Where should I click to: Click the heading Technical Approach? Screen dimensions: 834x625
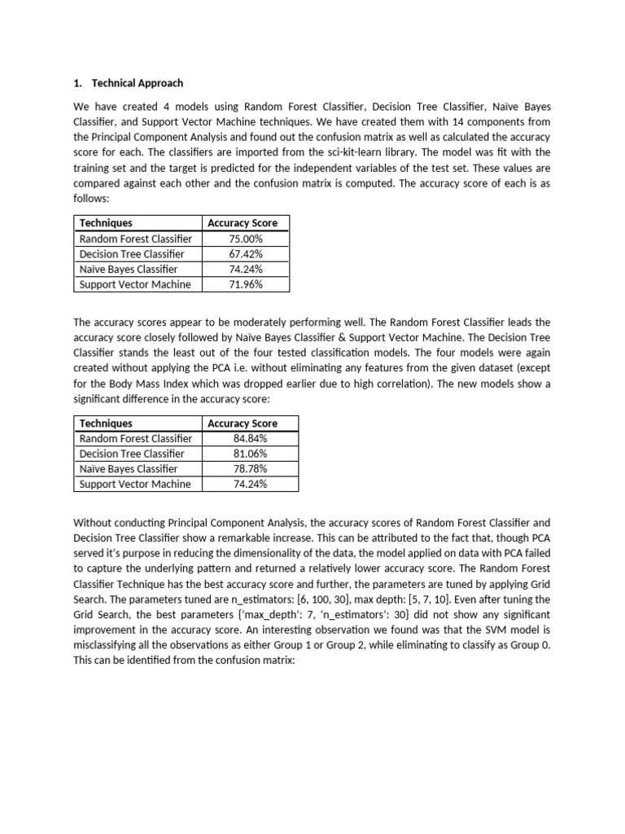click(x=138, y=83)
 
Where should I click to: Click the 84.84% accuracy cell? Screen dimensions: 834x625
click(x=251, y=439)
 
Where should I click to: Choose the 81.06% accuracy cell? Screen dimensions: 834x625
click(x=251, y=454)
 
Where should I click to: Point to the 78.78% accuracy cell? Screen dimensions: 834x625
click(x=251, y=469)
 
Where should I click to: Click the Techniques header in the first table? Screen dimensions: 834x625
click(x=106, y=223)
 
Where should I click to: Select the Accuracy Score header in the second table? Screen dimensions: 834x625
click(x=243, y=424)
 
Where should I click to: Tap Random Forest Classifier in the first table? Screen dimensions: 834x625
click(x=136, y=239)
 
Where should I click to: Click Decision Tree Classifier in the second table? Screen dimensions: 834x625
click(x=132, y=454)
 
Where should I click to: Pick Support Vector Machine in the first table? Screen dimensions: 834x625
click(x=135, y=284)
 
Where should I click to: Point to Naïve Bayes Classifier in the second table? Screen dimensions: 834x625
click(x=129, y=469)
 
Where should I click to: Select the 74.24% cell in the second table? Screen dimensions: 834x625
click(x=251, y=484)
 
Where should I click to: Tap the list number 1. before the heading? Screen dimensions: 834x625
click(x=79, y=83)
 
